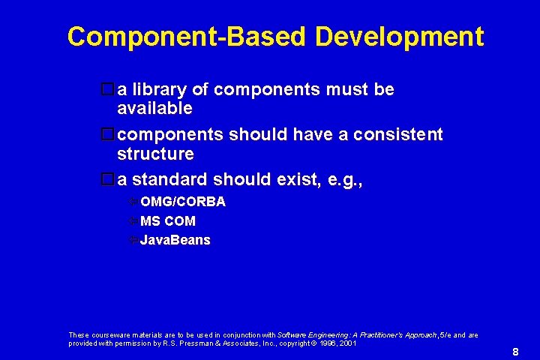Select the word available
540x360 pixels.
(x=155, y=109)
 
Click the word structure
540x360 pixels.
(x=155, y=154)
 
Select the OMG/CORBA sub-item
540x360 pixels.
(x=183, y=202)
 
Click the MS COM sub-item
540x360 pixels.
(x=168, y=221)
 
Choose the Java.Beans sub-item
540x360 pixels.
(x=175, y=241)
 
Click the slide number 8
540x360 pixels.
(x=515, y=352)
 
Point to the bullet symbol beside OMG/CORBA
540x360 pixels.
(x=132, y=202)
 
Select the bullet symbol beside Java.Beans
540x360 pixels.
(x=132, y=241)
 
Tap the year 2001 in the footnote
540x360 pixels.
(x=347, y=343)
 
